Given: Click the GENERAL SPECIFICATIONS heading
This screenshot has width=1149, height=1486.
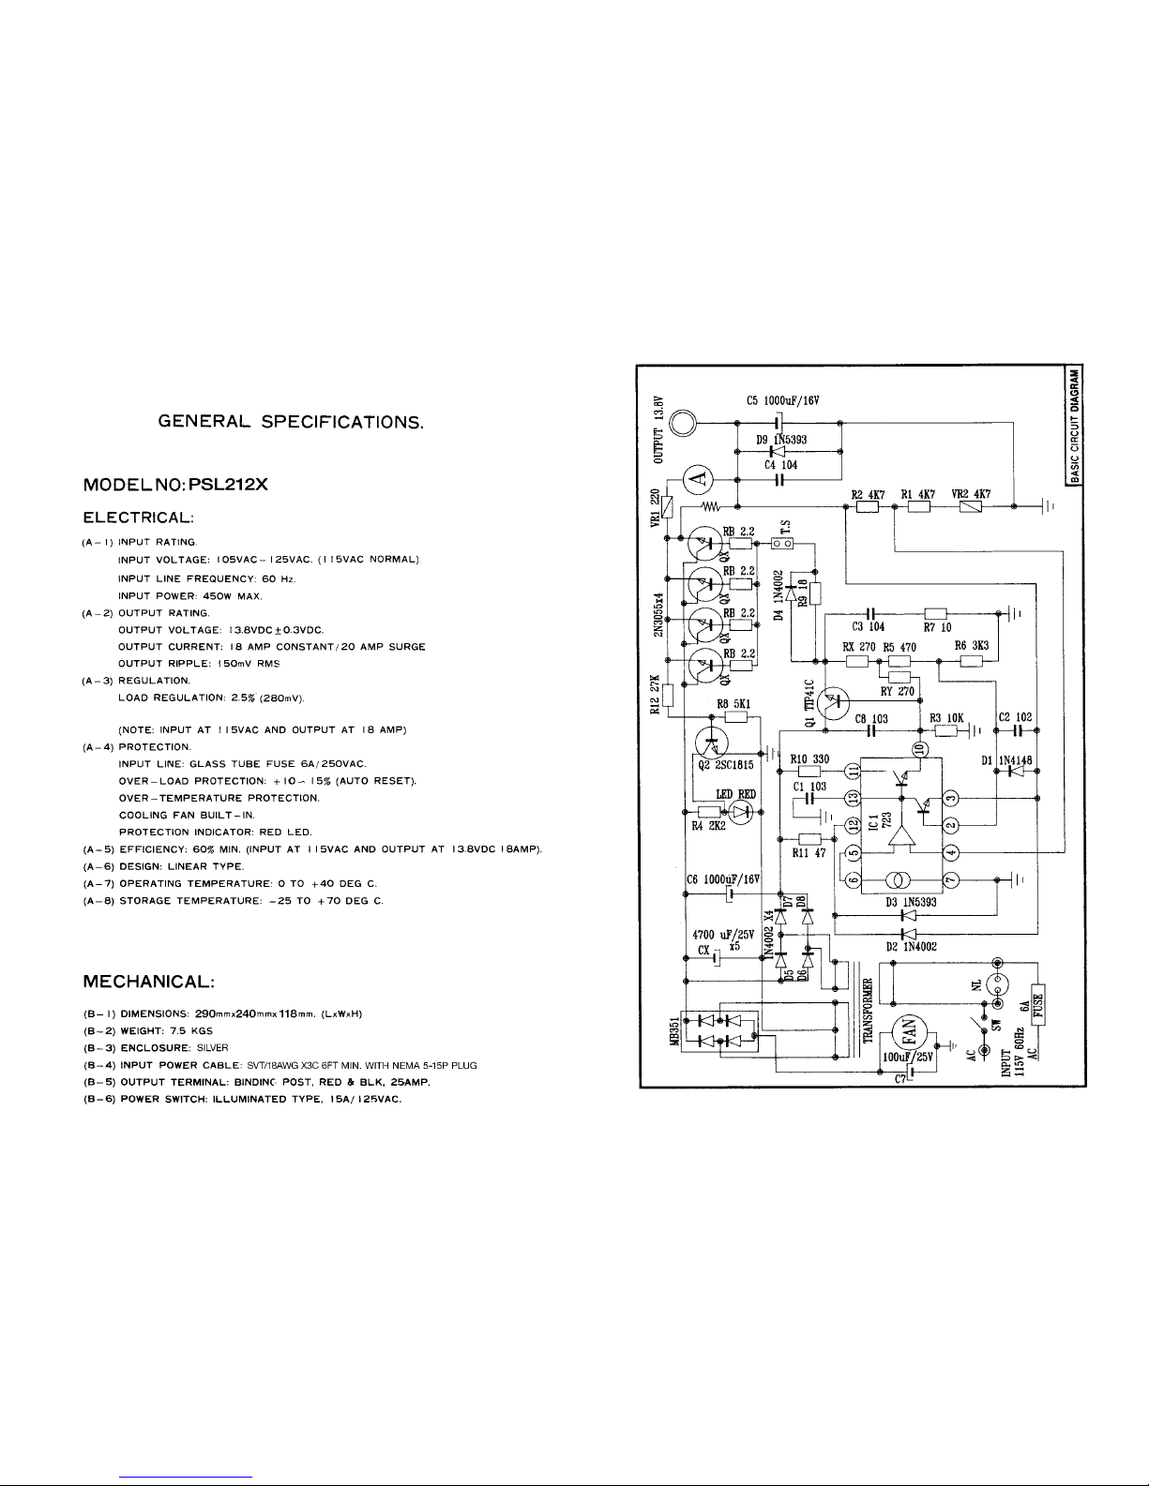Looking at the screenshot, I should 293,423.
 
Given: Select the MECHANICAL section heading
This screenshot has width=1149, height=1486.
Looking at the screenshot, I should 151,982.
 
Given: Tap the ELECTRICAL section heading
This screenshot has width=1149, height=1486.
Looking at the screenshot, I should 139,518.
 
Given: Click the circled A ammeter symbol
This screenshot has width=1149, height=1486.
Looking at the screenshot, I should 696,479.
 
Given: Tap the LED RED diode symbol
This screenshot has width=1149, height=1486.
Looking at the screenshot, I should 741,812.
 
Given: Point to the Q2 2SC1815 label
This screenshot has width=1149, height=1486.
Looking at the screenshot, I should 727,764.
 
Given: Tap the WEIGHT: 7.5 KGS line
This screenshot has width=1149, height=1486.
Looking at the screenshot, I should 148,1030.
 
